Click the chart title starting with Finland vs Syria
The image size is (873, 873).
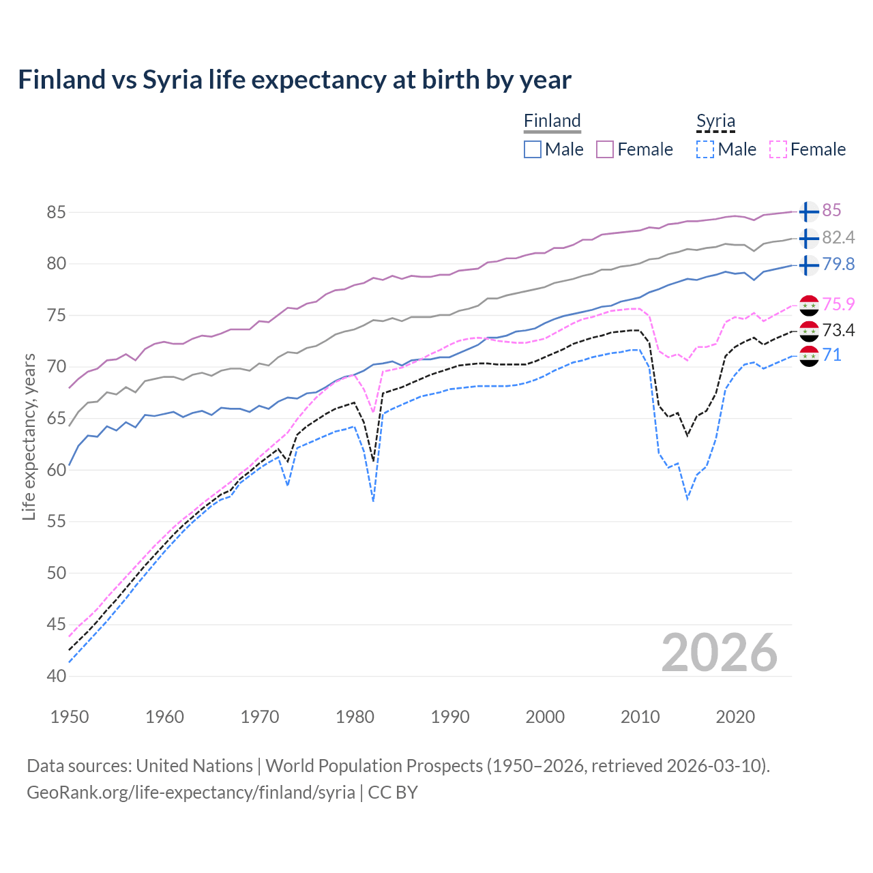pos(294,80)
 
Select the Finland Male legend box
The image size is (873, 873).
pos(533,149)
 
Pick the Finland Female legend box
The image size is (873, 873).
pos(605,149)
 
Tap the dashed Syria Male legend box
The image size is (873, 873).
pos(705,149)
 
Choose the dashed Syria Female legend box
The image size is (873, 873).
pos(778,149)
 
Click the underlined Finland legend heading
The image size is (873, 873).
pos(552,121)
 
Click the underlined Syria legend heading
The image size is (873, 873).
pos(715,121)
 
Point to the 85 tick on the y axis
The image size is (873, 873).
pos(56,212)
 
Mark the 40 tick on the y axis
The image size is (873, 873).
pos(56,676)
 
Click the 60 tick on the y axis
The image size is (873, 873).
pos(56,470)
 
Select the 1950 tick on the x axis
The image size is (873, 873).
pos(70,717)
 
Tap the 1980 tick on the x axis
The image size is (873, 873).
pos(355,717)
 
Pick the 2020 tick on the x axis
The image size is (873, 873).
pos(735,717)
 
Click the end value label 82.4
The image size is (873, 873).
pos(838,237)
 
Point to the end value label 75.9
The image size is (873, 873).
pos(838,304)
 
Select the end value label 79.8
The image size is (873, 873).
pos(838,264)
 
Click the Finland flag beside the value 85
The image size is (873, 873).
pos(808,212)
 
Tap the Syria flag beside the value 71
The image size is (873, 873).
pos(809,356)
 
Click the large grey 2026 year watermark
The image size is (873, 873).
pos(720,653)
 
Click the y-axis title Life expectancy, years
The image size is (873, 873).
pos(29,436)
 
